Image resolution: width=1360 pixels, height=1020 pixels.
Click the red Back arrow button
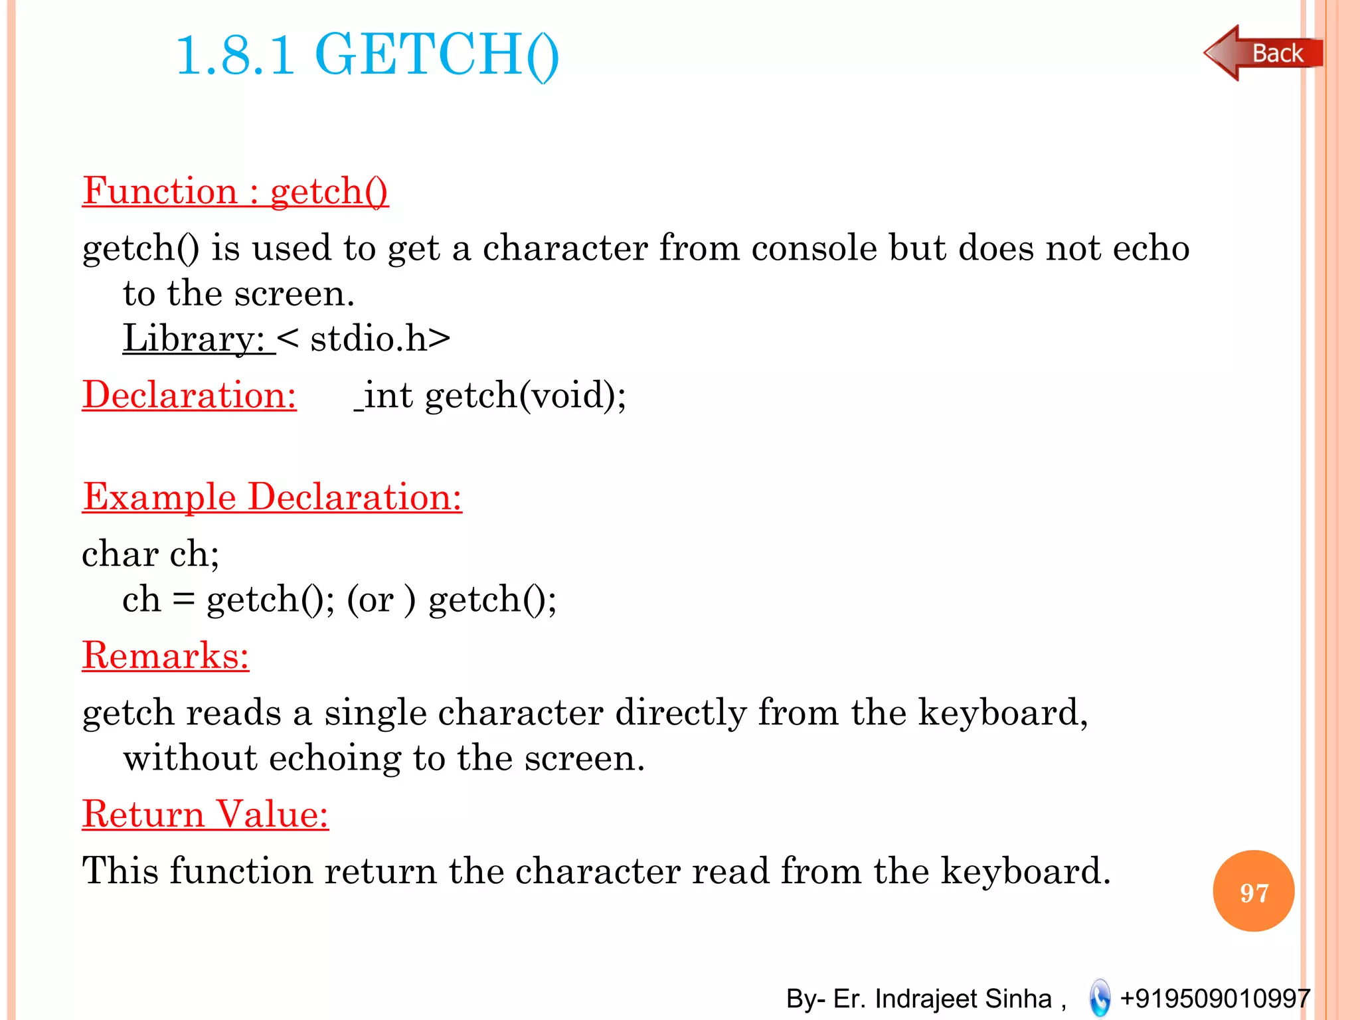[x=1262, y=53]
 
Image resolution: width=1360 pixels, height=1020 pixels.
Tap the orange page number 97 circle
[x=1253, y=891]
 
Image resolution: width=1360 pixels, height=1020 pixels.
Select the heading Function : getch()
[x=235, y=191]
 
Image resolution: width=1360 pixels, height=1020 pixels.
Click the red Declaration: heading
[x=189, y=394]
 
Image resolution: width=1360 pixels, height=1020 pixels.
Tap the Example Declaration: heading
[x=272, y=497]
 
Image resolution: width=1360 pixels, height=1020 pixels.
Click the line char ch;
[x=151, y=553]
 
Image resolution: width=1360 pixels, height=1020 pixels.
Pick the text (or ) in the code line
[x=381, y=599]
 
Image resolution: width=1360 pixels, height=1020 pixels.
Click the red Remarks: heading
[x=165, y=655]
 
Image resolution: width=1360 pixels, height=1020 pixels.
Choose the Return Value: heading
[x=205, y=814]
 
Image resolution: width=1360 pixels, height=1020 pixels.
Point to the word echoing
[x=335, y=758]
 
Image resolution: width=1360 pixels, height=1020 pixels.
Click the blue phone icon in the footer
[x=1100, y=998]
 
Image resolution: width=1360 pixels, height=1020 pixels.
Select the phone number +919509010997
[x=1215, y=999]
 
